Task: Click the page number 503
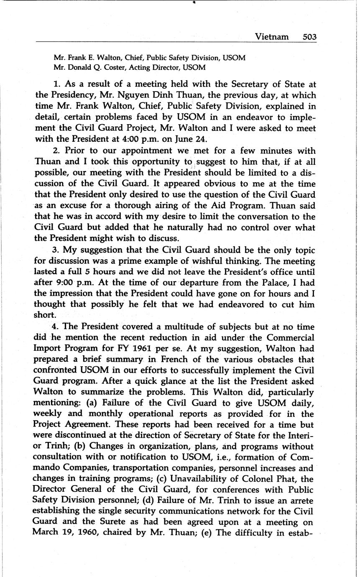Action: click(309, 37)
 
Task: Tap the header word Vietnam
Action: click(272, 37)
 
